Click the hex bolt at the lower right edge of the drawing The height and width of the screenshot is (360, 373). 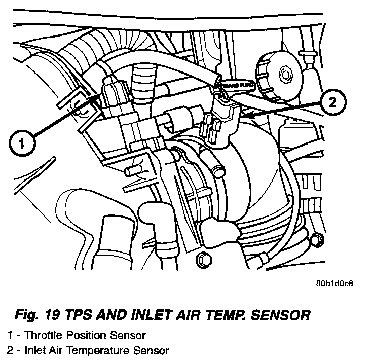click(x=315, y=239)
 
